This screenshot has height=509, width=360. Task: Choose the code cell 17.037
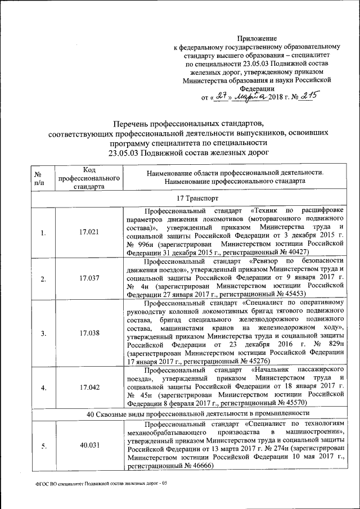[x=90, y=278]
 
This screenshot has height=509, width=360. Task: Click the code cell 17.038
[x=90, y=333]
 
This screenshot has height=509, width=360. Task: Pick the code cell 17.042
[x=90, y=388]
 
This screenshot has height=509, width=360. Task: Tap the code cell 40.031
[x=90, y=445]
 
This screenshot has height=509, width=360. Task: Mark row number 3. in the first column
[x=43, y=333]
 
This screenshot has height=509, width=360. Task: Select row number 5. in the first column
[x=43, y=445]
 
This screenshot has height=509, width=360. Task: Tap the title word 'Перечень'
[x=130, y=124]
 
